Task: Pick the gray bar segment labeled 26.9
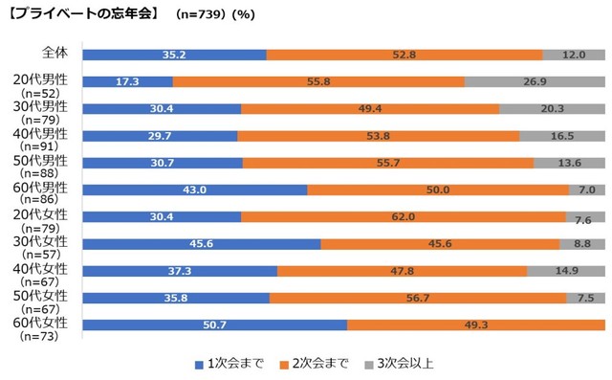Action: (535, 82)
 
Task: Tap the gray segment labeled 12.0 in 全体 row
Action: (573, 55)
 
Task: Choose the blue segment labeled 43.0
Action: (195, 190)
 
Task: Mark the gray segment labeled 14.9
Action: (565, 272)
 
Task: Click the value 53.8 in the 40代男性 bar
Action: (378, 137)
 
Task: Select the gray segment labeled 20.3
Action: (552, 109)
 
